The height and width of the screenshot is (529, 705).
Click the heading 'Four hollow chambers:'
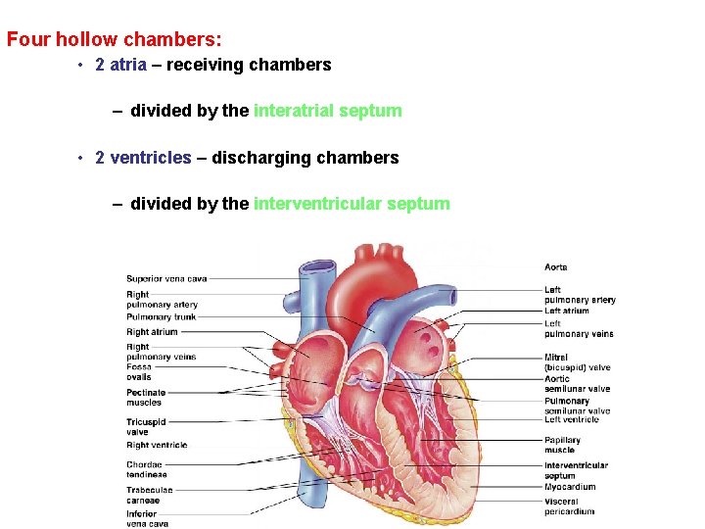point(115,40)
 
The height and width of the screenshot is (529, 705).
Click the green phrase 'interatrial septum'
point(327,111)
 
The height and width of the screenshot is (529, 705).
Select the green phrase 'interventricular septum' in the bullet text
point(352,204)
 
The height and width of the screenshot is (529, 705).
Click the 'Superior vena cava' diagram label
point(166,279)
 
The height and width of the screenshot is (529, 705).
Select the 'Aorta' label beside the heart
point(555,267)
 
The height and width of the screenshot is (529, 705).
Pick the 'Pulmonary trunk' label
point(161,317)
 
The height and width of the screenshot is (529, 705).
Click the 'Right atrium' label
point(152,332)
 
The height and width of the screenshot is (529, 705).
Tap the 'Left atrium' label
point(566,312)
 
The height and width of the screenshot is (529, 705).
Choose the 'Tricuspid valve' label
point(146,427)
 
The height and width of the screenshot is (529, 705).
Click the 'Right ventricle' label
point(157,445)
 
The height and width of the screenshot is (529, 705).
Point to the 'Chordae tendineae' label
point(146,469)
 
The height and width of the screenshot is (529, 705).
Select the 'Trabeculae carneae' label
point(149,495)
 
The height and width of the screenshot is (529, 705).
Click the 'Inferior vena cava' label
point(147,518)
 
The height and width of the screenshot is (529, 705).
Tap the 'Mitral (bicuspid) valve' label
point(577,362)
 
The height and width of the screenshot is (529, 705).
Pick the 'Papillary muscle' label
point(562,446)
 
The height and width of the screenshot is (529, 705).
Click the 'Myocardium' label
point(570,487)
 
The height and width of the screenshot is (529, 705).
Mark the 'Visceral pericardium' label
point(569,506)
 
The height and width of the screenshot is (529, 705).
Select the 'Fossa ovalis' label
point(139,372)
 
